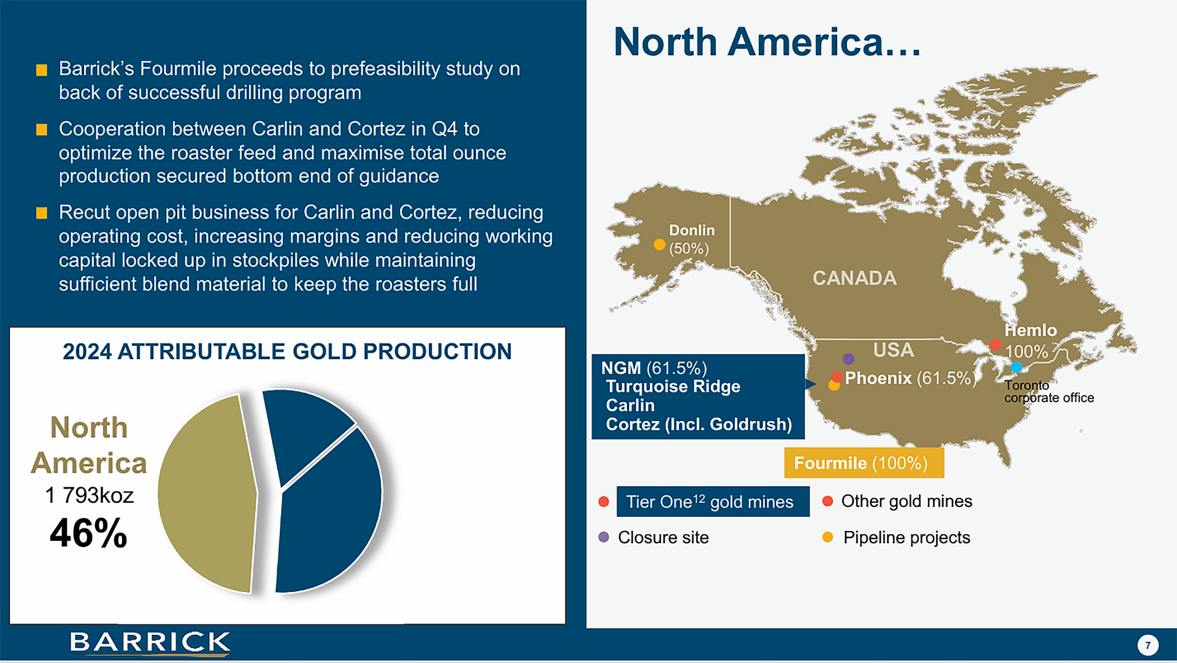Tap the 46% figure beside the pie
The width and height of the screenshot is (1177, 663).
click(88, 532)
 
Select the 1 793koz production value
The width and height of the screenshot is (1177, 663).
click(90, 495)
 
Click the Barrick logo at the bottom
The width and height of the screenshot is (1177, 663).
click(150, 642)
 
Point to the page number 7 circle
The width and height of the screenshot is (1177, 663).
click(1148, 645)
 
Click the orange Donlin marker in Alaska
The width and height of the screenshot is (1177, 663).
click(659, 244)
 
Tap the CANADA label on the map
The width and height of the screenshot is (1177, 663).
click(854, 278)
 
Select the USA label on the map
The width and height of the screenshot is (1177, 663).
click(893, 350)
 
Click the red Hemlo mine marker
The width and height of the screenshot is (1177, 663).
click(995, 344)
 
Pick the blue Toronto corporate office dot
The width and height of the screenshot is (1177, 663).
click(1016, 367)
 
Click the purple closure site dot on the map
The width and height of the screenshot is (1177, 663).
click(848, 359)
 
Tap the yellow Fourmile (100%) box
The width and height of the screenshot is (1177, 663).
click(864, 463)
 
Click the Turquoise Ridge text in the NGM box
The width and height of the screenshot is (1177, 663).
click(673, 387)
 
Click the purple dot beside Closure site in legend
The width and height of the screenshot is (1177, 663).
click(604, 537)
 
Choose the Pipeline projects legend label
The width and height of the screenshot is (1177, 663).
click(907, 537)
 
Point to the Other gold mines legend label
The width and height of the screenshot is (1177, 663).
click(907, 501)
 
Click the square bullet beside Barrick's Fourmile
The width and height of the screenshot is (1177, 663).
click(42, 70)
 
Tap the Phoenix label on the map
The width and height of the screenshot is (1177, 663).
click(878, 378)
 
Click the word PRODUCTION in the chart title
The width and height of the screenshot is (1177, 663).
click(437, 352)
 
